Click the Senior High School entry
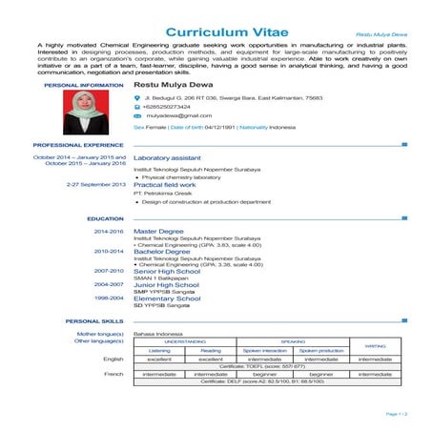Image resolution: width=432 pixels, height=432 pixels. point(166,271)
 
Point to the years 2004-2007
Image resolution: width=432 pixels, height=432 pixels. point(109,284)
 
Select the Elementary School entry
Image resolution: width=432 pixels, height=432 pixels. point(168,298)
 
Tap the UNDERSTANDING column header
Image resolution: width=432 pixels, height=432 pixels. point(185,340)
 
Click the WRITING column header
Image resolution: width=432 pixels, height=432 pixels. point(375,345)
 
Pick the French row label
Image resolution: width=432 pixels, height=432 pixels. point(113,374)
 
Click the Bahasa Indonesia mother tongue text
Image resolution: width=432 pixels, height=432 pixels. point(157,333)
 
